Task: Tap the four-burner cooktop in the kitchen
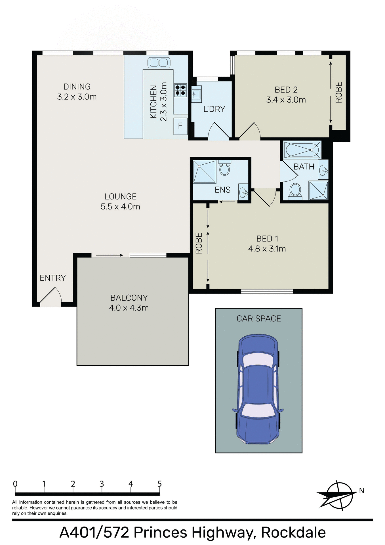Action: click(180, 90)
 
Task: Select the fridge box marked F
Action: click(180, 126)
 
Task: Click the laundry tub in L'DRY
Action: click(196, 94)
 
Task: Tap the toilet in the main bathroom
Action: click(295, 190)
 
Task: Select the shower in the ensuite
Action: click(204, 172)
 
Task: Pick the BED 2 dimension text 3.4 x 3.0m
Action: click(286, 100)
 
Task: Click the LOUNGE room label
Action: click(120, 196)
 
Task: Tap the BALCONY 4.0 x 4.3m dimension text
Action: click(129, 308)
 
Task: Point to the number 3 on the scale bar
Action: click(102, 484)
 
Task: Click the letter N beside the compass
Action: click(361, 491)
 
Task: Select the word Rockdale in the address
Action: click(293, 533)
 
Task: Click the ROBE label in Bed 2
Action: click(339, 92)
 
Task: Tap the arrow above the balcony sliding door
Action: click(109, 255)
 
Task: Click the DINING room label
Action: click(77, 87)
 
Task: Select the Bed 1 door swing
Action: click(265, 197)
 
